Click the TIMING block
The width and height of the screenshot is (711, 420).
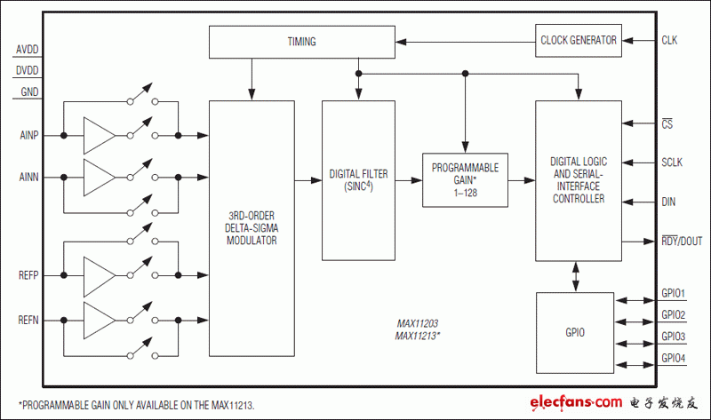(x=301, y=41)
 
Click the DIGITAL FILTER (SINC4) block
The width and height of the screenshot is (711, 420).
(x=358, y=180)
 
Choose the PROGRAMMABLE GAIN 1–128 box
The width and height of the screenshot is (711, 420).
(x=465, y=179)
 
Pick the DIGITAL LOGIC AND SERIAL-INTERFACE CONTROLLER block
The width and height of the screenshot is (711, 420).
(x=578, y=180)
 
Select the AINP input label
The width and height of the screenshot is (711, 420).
(x=28, y=135)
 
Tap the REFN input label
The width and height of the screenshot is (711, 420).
(x=28, y=319)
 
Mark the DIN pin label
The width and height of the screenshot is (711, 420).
(x=668, y=202)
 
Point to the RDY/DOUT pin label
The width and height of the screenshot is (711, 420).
(x=682, y=241)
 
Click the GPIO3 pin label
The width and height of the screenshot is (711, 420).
(x=674, y=337)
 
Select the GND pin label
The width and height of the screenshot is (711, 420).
(x=29, y=91)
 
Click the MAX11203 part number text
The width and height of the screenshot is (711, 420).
(x=417, y=326)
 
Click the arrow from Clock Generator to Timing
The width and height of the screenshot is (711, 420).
(x=467, y=40)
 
